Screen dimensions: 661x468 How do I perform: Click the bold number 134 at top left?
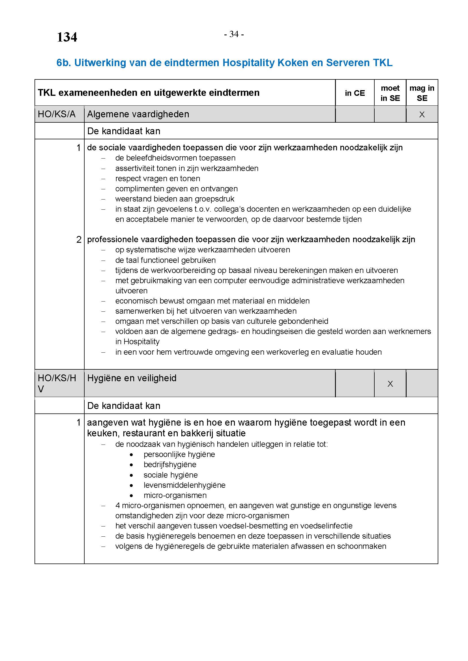pos(67,37)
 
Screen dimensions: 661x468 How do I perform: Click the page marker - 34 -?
pos(234,34)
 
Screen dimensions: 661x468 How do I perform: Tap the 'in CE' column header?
pos(355,93)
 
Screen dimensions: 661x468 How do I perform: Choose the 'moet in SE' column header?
pos(390,93)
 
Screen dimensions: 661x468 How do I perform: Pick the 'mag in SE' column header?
pos(422,93)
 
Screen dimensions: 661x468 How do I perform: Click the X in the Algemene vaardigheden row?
pos(422,114)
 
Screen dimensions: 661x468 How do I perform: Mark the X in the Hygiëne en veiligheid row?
pos(390,384)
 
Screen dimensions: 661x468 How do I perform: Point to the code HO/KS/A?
pos(57,114)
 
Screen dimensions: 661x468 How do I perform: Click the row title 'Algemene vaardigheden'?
pos(138,114)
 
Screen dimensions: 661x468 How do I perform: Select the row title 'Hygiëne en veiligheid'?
pos(132,378)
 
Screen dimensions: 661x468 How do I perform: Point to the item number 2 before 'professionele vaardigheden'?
pos(79,240)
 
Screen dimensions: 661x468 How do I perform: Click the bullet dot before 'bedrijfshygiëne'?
pos(131,465)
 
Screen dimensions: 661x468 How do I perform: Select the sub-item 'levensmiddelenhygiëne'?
pos(184,485)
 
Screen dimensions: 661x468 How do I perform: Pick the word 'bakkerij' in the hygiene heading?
pos(206,433)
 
